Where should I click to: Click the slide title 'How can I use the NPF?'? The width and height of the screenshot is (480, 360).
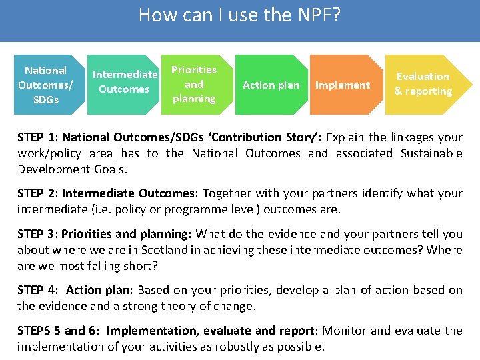click(x=239, y=15)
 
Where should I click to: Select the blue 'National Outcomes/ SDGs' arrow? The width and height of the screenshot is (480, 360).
click(x=45, y=85)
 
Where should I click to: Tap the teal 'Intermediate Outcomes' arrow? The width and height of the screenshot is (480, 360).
click(x=124, y=81)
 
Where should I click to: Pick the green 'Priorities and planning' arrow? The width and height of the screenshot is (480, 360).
click(x=194, y=84)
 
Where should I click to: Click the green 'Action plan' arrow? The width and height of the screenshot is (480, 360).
click(x=271, y=85)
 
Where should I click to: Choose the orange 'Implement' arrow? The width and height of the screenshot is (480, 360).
click(x=342, y=85)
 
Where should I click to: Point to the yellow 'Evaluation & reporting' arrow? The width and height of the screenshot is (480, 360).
click(x=423, y=84)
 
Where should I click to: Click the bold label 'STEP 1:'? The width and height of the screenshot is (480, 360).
click(x=38, y=137)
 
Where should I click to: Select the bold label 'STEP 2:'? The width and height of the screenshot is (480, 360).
click(x=38, y=194)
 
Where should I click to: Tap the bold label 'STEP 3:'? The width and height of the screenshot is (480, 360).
click(x=38, y=234)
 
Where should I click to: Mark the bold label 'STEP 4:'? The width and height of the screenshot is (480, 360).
click(x=38, y=290)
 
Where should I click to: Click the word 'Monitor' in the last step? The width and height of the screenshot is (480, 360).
click(x=345, y=331)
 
